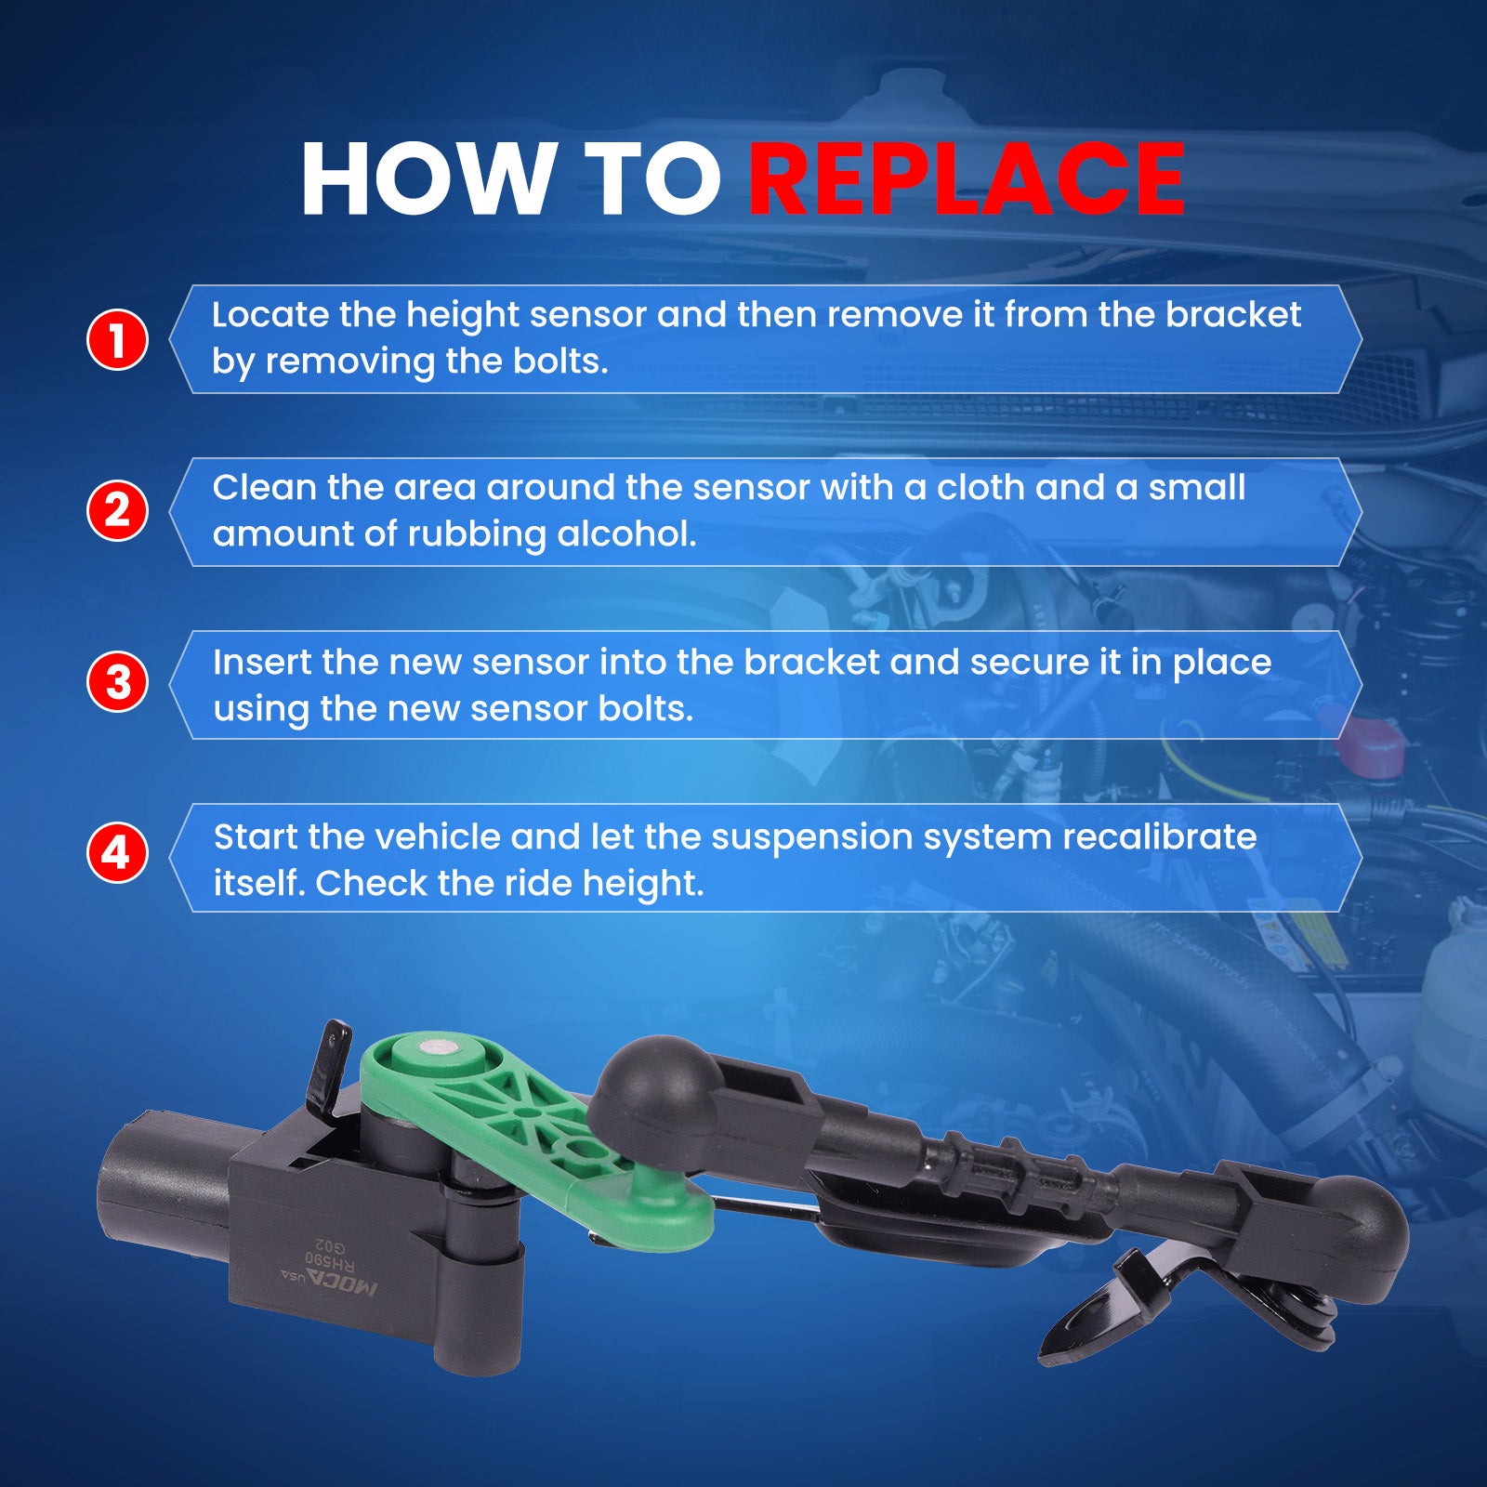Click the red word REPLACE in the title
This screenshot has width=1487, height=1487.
(967, 178)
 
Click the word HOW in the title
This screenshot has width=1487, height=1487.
(427, 178)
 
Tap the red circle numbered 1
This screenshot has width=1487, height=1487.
(117, 339)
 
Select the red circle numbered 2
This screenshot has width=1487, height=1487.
(117, 510)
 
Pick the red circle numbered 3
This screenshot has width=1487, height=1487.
(117, 681)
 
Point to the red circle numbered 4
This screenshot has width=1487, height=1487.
(117, 852)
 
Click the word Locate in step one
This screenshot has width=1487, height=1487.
(270, 314)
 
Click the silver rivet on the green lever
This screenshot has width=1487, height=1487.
(434, 1047)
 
